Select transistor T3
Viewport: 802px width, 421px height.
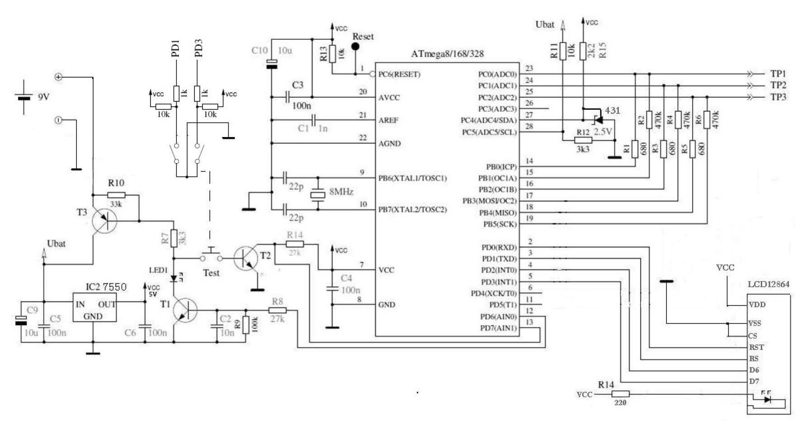(x=104, y=221)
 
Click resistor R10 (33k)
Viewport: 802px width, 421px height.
(x=116, y=195)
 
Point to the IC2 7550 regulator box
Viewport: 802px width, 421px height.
(x=94, y=307)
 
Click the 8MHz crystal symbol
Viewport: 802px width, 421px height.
(x=318, y=194)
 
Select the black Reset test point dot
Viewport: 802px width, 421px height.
(x=356, y=47)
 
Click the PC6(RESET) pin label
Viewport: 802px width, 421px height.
(x=399, y=74)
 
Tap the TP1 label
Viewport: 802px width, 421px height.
(x=778, y=74)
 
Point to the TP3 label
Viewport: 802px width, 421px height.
(x=778, y=97)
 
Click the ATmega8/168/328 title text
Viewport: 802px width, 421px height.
(x=447, y=54)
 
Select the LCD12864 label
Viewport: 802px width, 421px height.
(x=768, y=284)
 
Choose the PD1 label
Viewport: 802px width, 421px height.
(x=175, y=48)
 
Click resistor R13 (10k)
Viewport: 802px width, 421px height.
(x=333, y=54)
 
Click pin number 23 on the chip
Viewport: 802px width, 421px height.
(x=529, y=68)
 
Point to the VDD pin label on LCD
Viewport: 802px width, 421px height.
(x=757, y=304)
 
